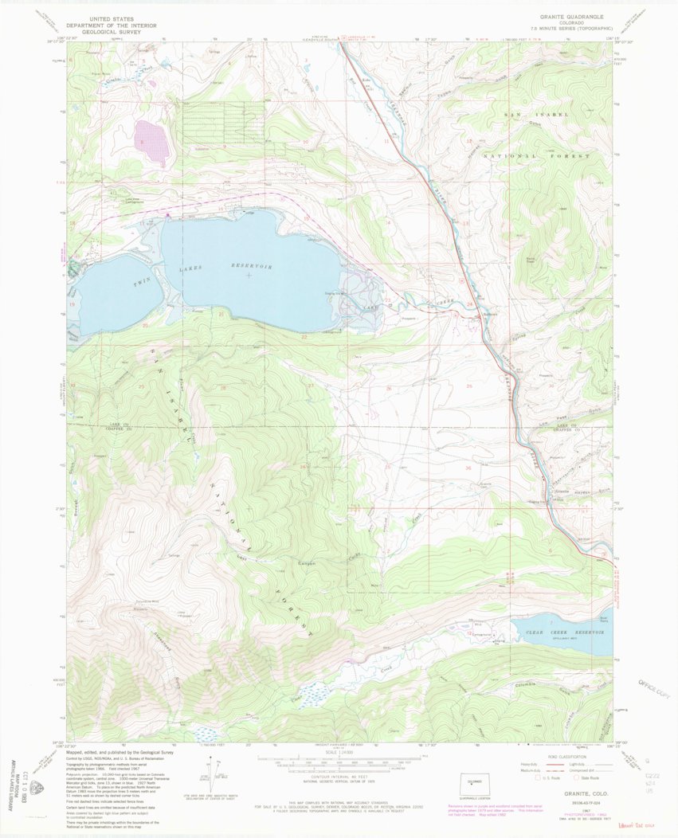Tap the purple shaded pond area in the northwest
coord(153,139)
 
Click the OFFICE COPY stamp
coord(656,687)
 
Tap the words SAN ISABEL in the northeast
coord(535,116)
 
